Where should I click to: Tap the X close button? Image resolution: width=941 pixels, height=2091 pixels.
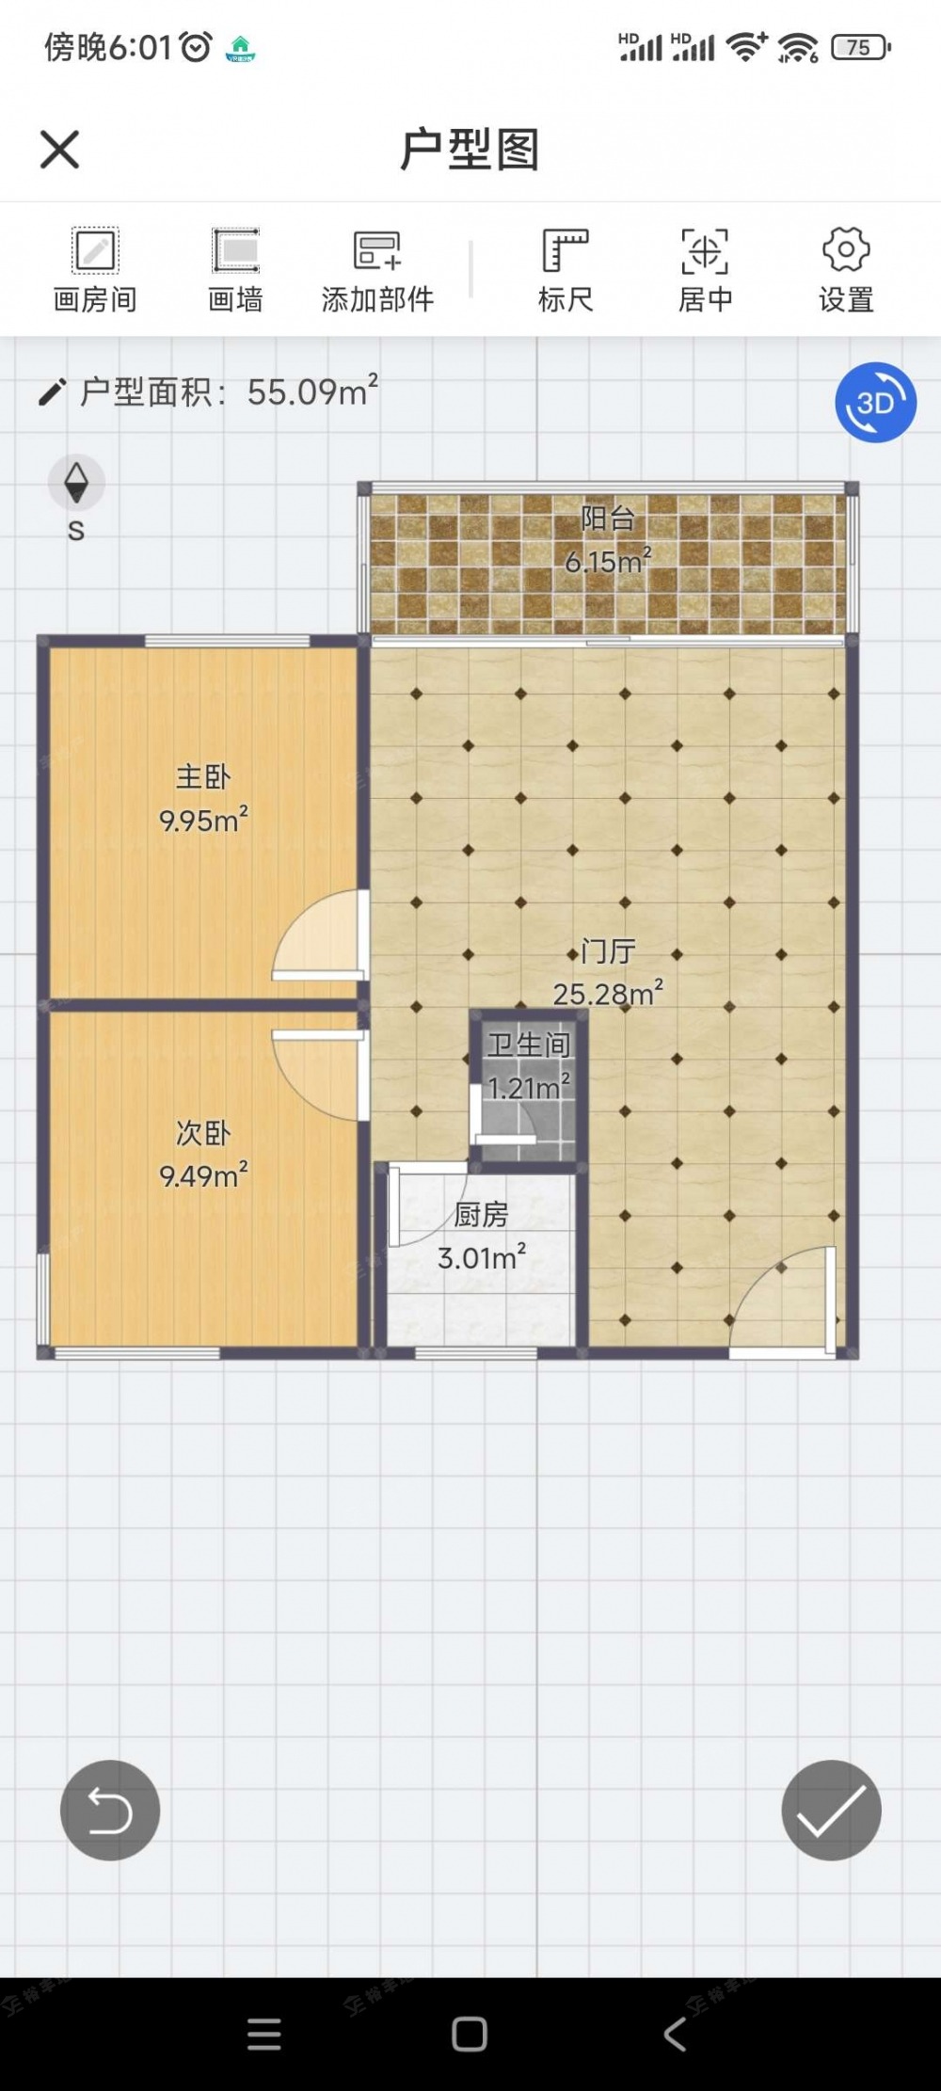(x=59, y=150)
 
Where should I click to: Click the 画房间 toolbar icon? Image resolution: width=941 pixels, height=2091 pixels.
(x=95, y=250)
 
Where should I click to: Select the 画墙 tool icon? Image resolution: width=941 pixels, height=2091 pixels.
(x=235, y=250)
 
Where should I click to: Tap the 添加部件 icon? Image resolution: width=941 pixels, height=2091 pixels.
(x=376, y=250)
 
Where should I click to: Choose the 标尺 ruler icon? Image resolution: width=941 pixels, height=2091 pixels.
(x=565, y=250)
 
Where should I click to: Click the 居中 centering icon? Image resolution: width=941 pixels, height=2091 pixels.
(x=705, y=250)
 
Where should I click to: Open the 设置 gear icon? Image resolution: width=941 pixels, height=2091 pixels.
(x=846, y=249)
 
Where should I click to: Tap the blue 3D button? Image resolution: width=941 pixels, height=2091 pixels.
(x=875, y=403)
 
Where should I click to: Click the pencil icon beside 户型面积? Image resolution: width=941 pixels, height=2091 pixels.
(x=52, y=391)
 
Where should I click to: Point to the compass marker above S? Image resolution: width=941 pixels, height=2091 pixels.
(x=76, y=482)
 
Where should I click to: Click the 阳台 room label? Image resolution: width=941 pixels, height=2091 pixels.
(x=608, y=519)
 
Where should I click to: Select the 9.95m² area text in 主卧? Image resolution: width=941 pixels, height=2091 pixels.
(x=203, y=820)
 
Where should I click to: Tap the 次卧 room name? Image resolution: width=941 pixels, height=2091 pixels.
(x=203, y=1133)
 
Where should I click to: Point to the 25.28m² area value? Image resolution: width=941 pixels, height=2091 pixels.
(x=608, y=994)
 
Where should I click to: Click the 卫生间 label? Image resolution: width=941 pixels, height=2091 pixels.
(x=529, y=1045)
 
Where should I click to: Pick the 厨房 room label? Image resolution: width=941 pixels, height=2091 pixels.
(x=481, y=1215)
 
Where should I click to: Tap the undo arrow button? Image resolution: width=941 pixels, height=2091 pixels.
(x=110, y=1810)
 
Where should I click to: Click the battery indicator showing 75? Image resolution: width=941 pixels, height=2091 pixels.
(x=860, y=47)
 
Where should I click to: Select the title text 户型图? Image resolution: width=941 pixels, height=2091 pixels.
(x=470, y=150)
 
